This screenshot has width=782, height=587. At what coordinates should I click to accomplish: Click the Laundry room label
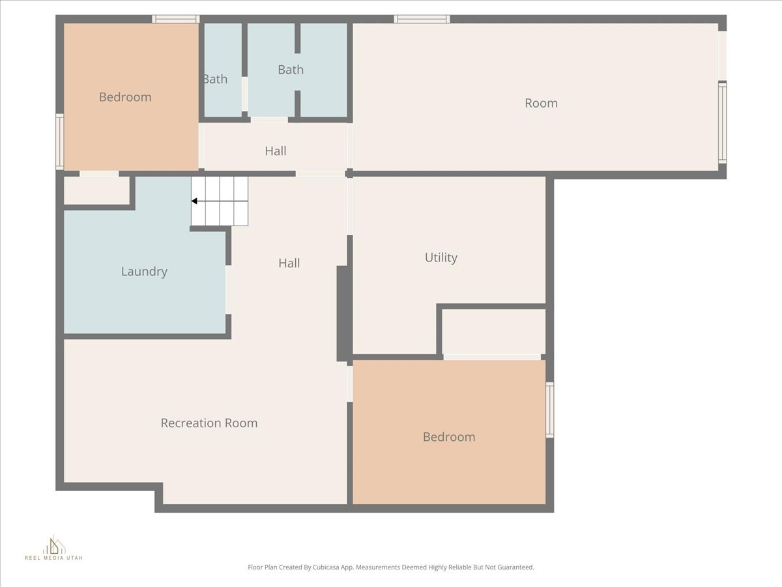click(144, 271)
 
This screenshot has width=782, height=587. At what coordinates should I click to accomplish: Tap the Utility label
click(441, 258)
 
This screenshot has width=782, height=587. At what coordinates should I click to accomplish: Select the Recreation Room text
click(209, 423)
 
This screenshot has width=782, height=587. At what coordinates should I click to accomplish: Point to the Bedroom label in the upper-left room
click(125, 97)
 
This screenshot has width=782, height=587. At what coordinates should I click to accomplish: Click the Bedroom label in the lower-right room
click(449, 437)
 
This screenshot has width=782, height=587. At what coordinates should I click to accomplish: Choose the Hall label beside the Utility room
click(289, 263)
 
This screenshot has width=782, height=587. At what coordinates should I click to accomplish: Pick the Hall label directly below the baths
click(276, 151)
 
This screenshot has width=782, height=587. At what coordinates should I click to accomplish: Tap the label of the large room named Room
click(541, 103)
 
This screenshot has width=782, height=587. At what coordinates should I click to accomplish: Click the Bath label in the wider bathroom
click(291, 70)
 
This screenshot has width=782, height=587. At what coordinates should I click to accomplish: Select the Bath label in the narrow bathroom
click(215, 79)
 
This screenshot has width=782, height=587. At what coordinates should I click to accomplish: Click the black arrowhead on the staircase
click(194, 201)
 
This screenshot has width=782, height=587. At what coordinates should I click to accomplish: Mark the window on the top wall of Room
click(422, 19)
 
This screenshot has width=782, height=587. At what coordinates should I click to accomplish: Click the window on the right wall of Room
click(722, 122)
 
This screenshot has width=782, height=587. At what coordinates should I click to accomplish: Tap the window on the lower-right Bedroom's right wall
click(550, 410)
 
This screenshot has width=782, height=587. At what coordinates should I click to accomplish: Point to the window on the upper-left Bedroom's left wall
click(59, 142)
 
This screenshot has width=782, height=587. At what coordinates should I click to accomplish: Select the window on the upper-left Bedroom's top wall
click(176, 19)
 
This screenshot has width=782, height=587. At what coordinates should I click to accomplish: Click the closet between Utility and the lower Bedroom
click(494, 331)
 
